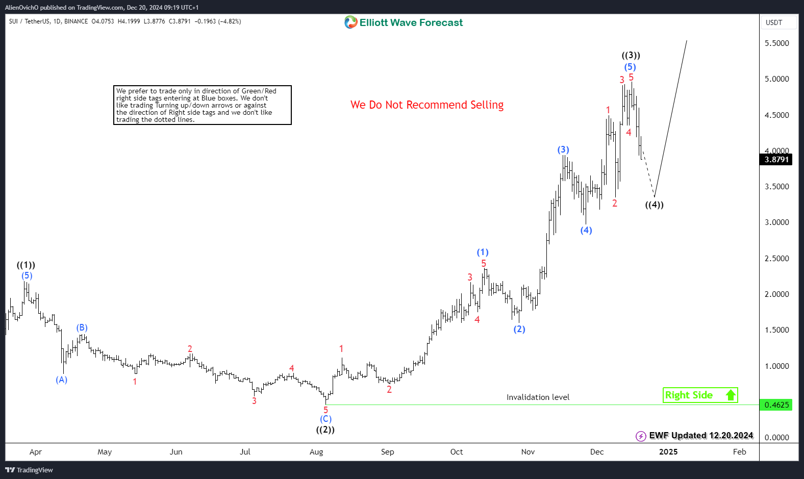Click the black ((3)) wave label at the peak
(x=631, y=55)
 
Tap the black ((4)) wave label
(x=654, y=205)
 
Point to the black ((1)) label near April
(x=26, y=265)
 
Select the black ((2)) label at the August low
(x=325, y=430)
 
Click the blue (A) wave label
(x=62, y=380)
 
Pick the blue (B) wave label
(x=82, y=327)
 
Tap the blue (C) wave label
(x=326, y=419)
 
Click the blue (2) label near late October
(x=519, y=329)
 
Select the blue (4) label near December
(x=586, y=230)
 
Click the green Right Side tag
(x=689, y=395)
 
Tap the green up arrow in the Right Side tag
(x=731, y=395)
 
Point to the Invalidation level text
(x=538, y=397)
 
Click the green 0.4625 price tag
(x=776, y=405)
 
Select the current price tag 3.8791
(x=776, y=160)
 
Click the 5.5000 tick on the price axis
(x=776, y=43)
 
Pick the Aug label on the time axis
(x=316, y=452)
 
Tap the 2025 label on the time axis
(x=668, y=452)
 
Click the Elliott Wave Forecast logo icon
(x=351, y=22)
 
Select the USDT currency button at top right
(x=774, y=22)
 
